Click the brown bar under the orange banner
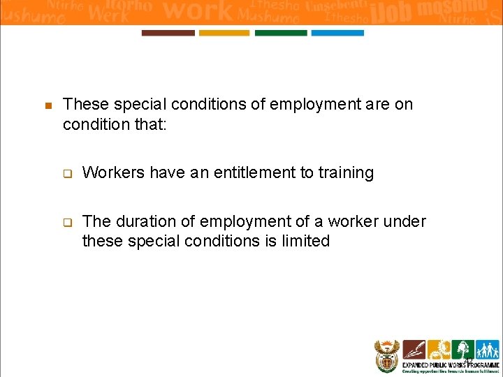pos(168,33)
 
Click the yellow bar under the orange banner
pos(224,33)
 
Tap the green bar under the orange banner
pos(281,33)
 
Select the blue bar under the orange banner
pos(337,33)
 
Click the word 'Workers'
pos(110,172)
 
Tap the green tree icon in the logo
pos(461,349)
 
